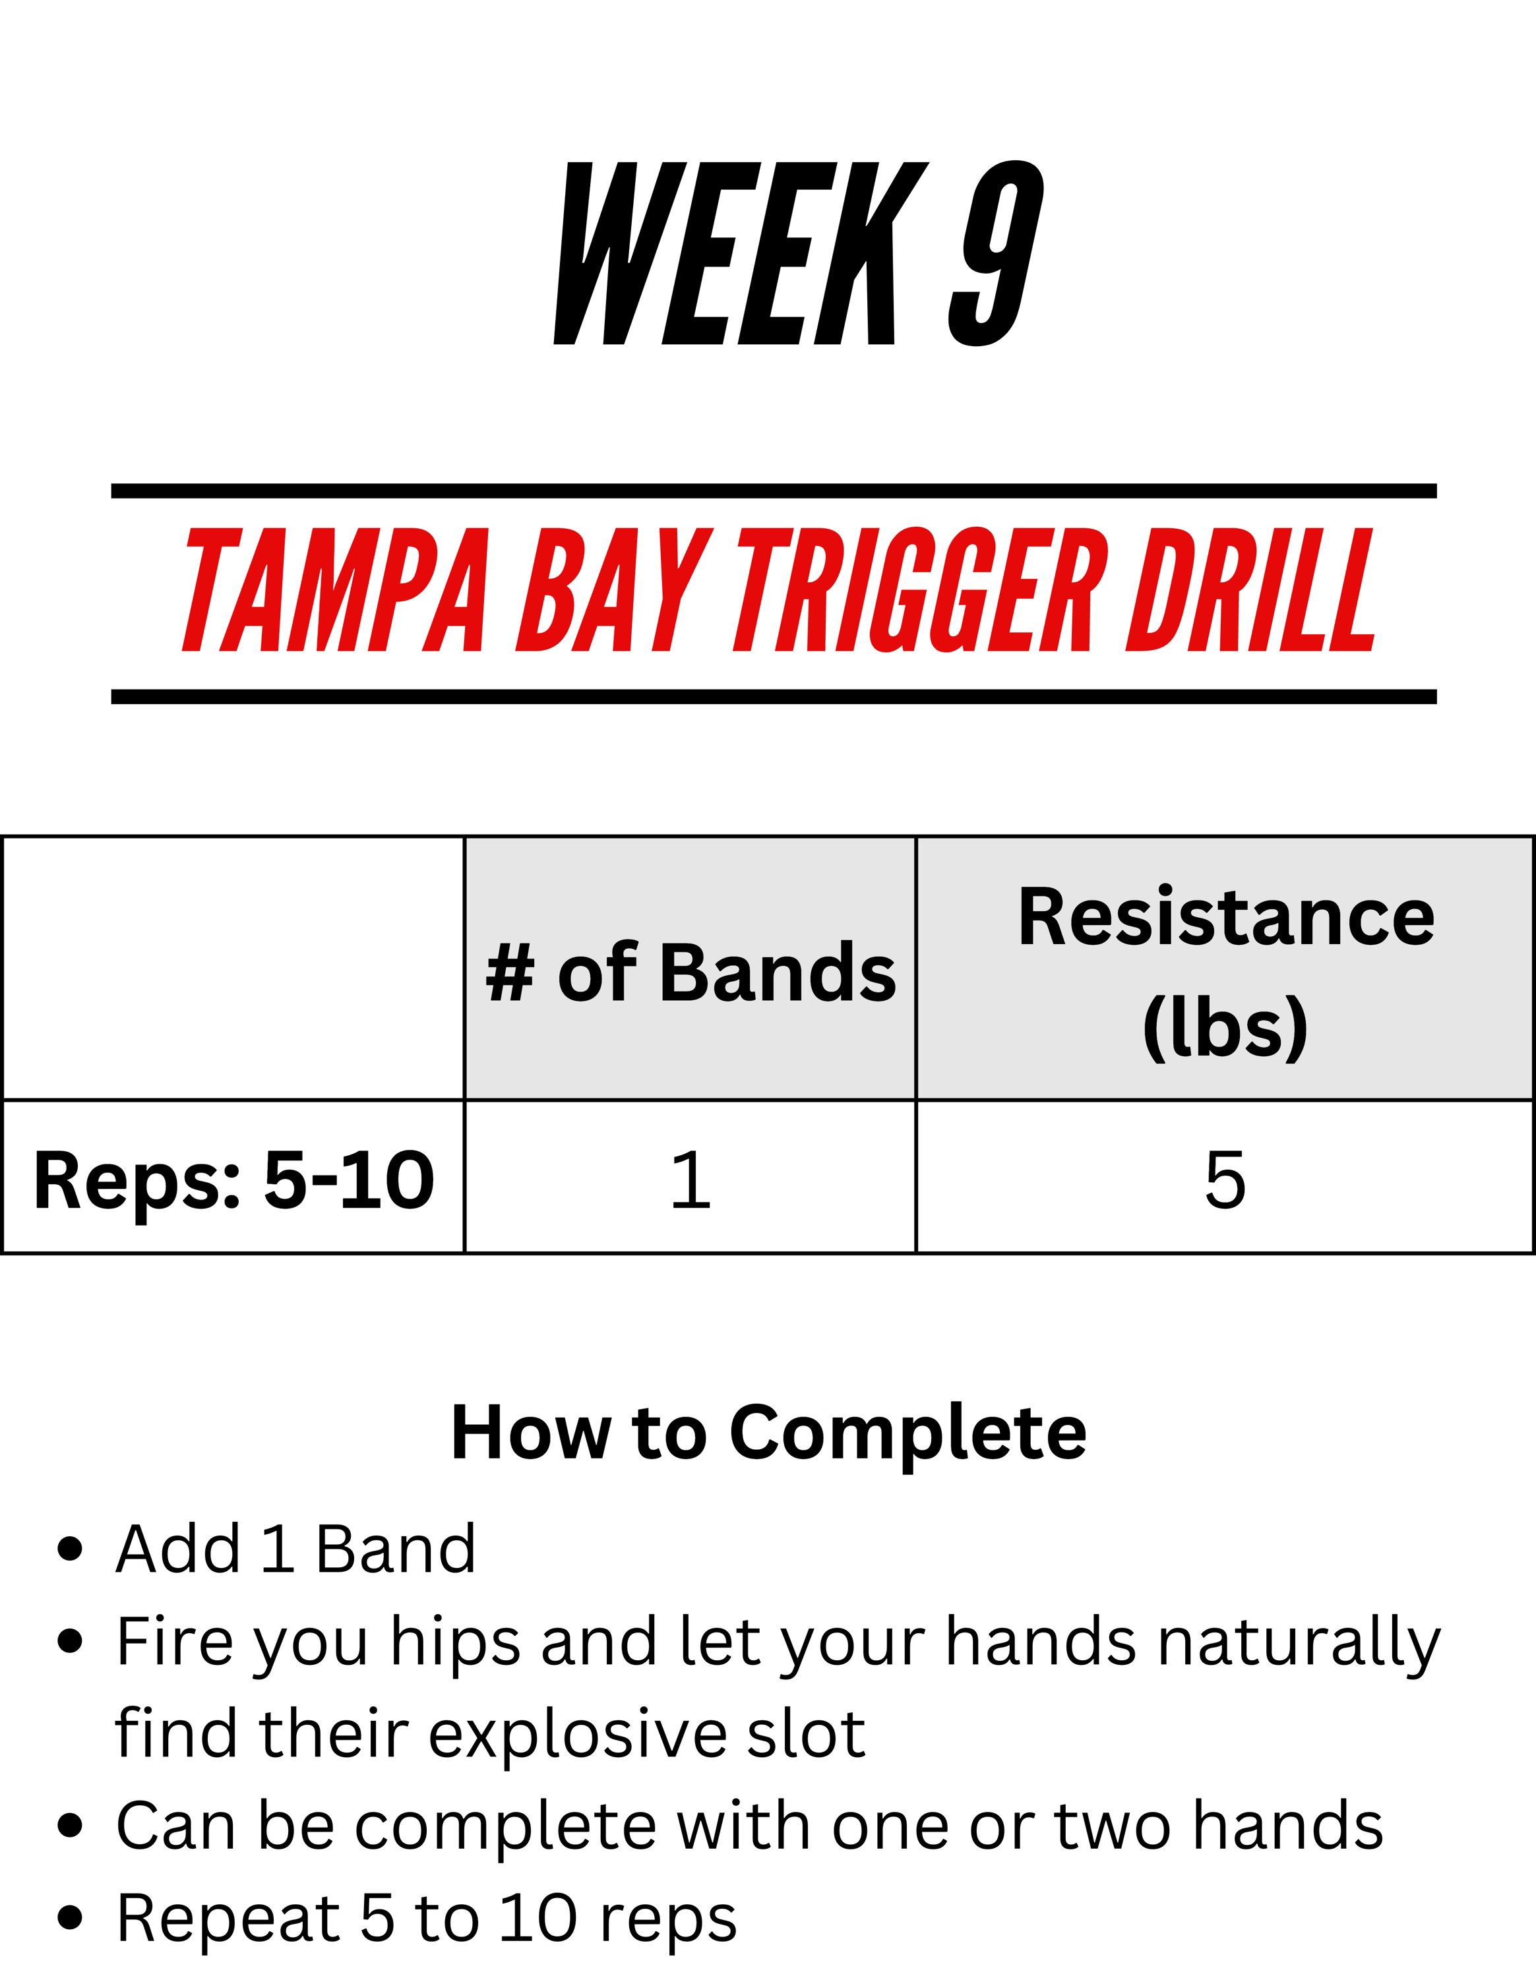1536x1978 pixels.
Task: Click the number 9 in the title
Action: (997, 254)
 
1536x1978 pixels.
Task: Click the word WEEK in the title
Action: (742, 254)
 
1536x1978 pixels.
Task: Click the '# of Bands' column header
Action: (690, 972)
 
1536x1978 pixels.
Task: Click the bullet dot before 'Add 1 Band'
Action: (70, 1549)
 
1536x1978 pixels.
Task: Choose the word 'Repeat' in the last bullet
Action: (228, 1921)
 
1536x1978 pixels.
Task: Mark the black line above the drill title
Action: (774, 491)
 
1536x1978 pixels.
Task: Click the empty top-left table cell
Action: (233, 968)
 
